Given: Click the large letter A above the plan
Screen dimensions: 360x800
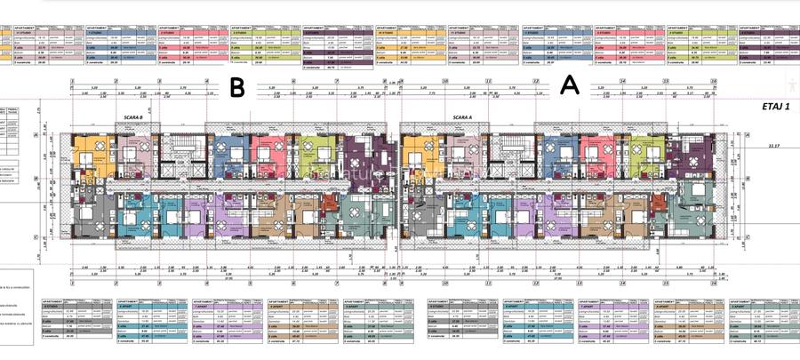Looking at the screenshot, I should [x=570, y=85].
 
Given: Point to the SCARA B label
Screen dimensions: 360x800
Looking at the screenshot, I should [x=130, y=117].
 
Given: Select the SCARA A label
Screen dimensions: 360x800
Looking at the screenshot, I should [x=461, y=117].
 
